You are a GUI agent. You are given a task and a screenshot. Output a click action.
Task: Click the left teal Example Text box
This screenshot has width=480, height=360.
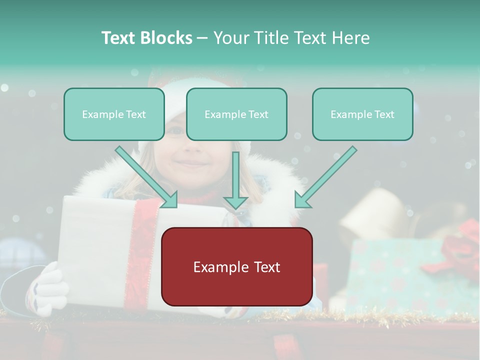tap(114, 114)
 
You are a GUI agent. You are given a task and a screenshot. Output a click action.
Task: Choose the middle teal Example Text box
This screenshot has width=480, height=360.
tap(236, 114)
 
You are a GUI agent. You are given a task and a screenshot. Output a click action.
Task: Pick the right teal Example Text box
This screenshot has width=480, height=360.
tap(362, 114)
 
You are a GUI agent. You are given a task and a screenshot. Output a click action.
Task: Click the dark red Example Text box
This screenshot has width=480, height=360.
tap(236, 266)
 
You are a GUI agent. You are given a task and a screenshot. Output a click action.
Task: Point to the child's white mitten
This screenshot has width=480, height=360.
tap(47, 290)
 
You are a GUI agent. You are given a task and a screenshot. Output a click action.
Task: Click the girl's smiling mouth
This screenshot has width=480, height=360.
tap(191, 163)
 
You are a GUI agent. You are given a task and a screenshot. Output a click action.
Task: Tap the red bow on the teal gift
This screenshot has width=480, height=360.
tap(462, 245)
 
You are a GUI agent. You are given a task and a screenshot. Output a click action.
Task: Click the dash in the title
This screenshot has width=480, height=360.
tap(202, 38)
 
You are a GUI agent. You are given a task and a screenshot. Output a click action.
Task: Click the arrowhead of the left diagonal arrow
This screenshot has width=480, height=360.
tap(170, 200)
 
